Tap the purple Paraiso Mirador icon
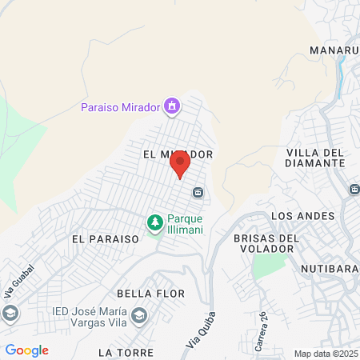point(171,106)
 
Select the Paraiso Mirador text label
point(120,107)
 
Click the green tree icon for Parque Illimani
point(154,222)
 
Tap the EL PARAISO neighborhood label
point(105,238)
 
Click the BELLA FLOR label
point(150,294)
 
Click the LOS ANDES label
point(300,216)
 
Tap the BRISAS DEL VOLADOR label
point(266,243)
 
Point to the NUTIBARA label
point(329,269)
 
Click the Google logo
point(26,350)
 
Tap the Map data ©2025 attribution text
point(325,354)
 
